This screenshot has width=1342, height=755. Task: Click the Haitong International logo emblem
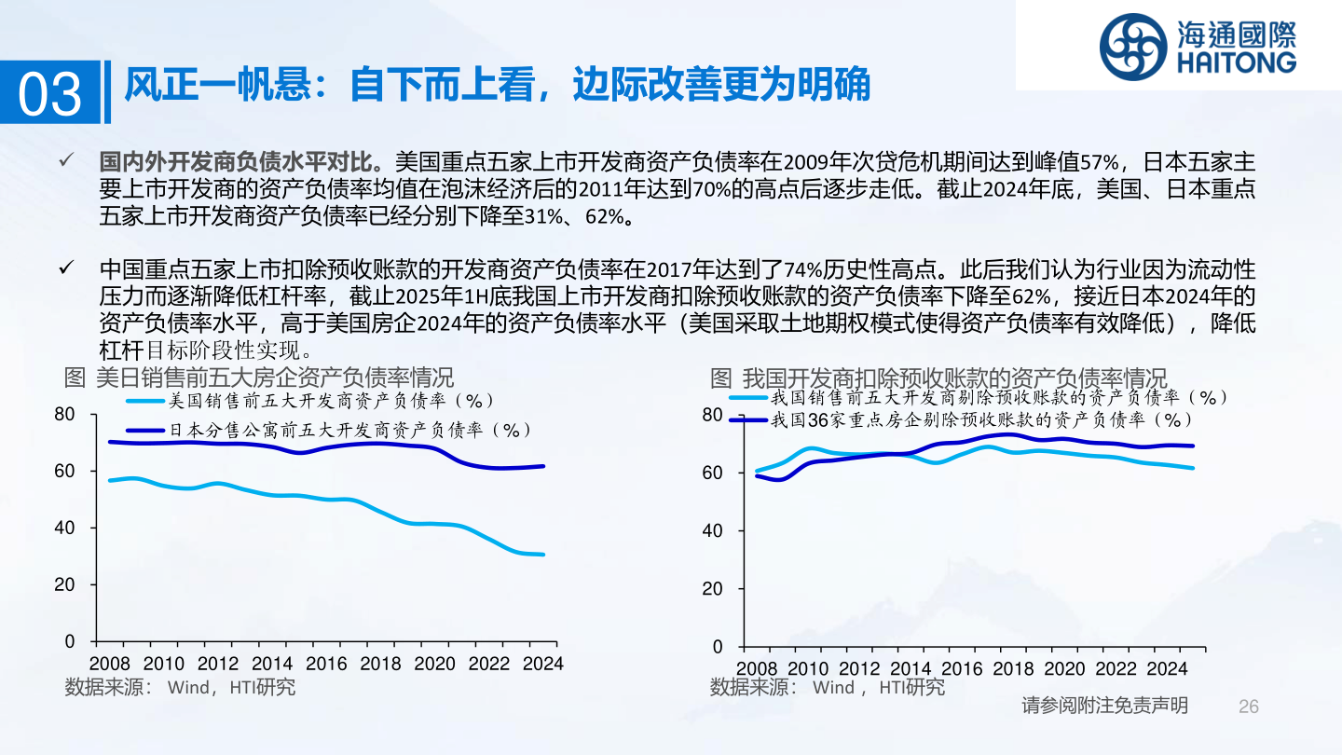tap(1131, 47)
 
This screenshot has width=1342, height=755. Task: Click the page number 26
tap(1249, 706)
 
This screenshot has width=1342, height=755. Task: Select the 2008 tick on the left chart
tap(110, 664)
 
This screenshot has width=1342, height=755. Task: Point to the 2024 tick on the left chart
tap(542, 664)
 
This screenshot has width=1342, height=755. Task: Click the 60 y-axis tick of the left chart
tap(64, 471)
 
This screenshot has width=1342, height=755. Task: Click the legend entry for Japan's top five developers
tap(349, 430)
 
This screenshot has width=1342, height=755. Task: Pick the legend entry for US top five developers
tap(331, 401)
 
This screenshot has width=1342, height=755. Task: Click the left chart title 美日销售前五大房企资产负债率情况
tap(260, 377)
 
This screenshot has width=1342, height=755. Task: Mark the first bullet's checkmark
tap(66, 160)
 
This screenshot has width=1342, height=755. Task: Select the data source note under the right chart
tap(828, 688)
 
